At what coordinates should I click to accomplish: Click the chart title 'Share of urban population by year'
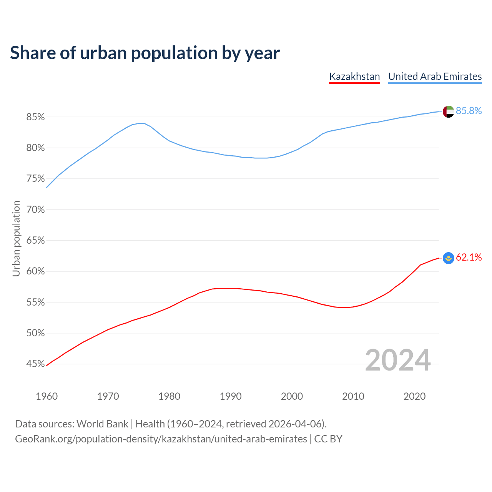(145, 53)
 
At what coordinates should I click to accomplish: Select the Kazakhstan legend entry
(354, 76)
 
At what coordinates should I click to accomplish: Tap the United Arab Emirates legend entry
(435, 76)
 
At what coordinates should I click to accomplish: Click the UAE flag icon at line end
(448, 111)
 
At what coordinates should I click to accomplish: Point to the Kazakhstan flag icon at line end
(448, 258)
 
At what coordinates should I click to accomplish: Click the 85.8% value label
(469, 111)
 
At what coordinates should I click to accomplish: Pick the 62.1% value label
(469, 258)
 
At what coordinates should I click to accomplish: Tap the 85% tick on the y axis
(35, 117)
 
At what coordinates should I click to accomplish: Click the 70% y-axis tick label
(35, 210)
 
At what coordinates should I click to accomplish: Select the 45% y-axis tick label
(35, 364)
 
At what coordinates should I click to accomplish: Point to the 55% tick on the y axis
(35, 303)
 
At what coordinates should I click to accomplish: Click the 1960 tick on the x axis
(47, 396)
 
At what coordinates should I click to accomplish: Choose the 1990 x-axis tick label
(231, 396)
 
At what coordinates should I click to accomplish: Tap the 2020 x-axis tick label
(414, 396)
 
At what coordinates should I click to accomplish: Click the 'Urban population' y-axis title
(16, 238)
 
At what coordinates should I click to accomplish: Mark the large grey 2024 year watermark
(398, 360)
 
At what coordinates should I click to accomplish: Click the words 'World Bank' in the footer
(102, 424)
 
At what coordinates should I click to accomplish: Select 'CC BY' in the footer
(328, 439)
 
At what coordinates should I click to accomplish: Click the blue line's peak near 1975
(141, 123)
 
